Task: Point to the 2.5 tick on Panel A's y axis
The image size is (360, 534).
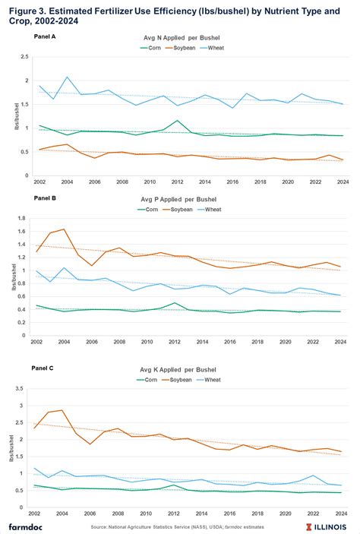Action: [26, 57]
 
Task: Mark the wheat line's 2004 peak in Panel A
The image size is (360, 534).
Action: [68, 77]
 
